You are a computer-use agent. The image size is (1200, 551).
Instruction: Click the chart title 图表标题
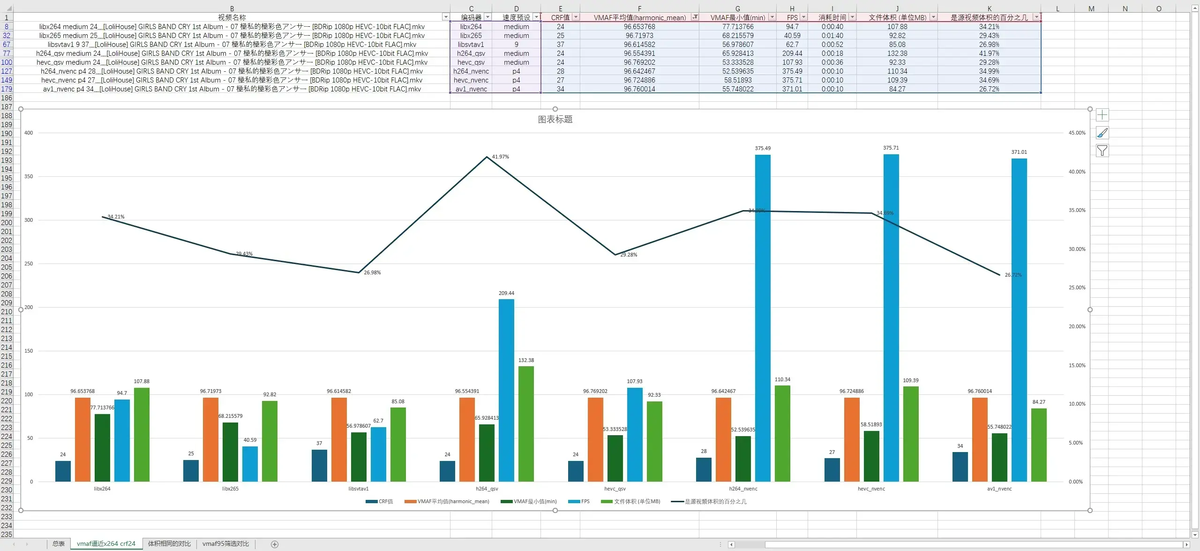555,120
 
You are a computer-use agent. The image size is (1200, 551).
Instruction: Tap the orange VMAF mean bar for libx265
210,439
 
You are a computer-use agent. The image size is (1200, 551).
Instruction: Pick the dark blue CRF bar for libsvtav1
319,465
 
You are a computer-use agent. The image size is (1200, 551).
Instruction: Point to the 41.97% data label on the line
500,157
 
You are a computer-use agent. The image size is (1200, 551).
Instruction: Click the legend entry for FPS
579,502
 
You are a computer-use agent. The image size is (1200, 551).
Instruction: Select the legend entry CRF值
379,502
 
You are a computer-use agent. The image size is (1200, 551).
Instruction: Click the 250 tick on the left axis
29,264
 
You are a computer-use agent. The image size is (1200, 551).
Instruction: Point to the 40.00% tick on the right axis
1077,172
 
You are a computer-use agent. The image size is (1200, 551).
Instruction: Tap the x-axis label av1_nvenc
999,489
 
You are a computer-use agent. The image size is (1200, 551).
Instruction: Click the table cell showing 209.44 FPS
792,53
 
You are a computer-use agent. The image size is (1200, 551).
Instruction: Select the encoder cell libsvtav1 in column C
471,45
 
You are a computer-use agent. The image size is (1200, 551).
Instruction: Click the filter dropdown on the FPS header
803,17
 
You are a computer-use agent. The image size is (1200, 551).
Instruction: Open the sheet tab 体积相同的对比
169,544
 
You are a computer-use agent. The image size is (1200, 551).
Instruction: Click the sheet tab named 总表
59,544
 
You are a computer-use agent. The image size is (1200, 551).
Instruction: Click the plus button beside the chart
1102,115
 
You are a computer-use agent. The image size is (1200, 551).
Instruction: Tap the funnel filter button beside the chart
1102,151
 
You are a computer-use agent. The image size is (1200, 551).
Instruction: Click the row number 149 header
7,80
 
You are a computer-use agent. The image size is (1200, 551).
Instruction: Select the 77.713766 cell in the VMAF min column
737,27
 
